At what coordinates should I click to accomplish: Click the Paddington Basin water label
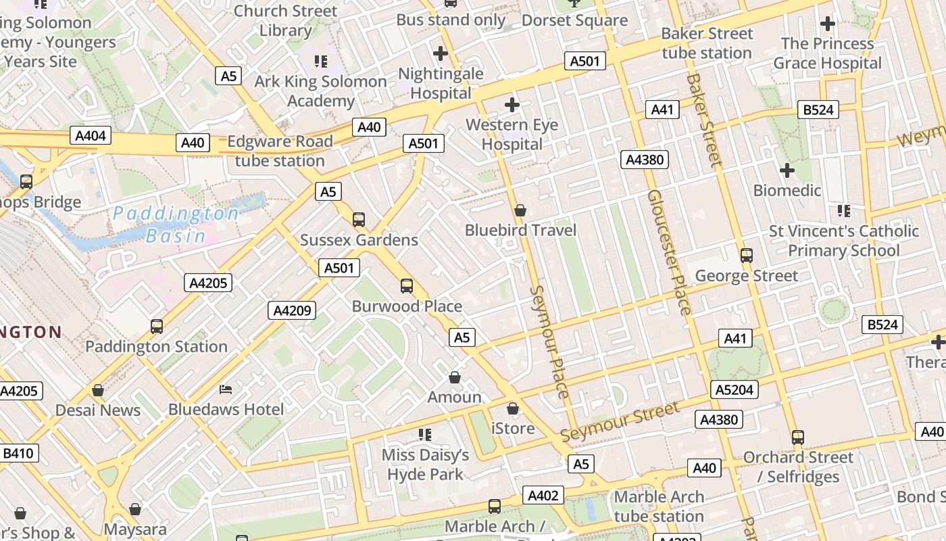176,225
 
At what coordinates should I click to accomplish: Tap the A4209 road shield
292,310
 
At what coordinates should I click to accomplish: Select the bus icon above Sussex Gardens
359,219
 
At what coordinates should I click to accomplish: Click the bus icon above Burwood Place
406,285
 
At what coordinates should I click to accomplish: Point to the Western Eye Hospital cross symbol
512,105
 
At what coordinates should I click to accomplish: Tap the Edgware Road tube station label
280,151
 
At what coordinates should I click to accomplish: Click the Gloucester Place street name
669,252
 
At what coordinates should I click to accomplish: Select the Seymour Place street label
549,341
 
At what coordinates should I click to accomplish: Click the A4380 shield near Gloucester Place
645,160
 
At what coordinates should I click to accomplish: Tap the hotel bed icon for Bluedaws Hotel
226,389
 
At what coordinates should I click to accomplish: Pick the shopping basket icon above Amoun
455,377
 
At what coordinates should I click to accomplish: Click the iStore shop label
512,428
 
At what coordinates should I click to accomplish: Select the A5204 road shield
735,389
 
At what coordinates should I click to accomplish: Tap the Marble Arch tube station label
659,507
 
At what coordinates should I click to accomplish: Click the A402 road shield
543,496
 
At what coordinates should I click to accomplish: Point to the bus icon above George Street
747,255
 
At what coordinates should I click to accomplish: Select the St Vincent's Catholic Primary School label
843,241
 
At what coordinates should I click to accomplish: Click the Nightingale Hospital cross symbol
441,53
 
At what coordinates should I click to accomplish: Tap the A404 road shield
90,136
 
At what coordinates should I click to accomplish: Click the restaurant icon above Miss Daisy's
424,434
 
